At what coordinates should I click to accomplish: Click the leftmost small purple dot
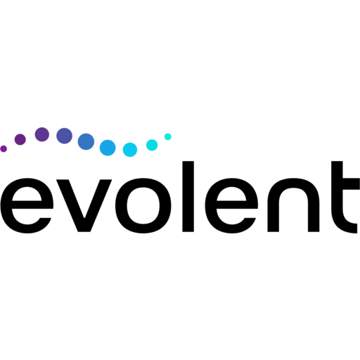(x=4, y=148)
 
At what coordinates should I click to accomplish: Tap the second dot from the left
(x=20, y=139)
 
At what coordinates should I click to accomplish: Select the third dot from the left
(x=42, y=134)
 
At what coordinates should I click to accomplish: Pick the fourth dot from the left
(x=64, y=136)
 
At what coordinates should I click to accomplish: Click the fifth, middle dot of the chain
(x=86, y=141)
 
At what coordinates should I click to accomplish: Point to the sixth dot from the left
(x=108, y=148)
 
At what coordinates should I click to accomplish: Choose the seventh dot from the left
(x=130, y=150)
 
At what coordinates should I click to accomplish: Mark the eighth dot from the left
(x=152, y=145)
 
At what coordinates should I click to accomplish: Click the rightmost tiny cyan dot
(x=167, y=136)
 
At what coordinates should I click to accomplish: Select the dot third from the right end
(x=130, y=150)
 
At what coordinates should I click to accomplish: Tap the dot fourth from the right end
(x=108, y=148)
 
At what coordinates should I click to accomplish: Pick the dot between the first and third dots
(x=20, y=139)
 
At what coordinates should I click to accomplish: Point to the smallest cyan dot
(x=167, y=136)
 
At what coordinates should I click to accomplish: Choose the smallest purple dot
(x=4, y=148)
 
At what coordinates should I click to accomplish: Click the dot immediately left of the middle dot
(x=64, y=136)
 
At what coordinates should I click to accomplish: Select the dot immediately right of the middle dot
(x=108, y=148)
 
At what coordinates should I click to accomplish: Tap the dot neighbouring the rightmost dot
(x=152, y=145)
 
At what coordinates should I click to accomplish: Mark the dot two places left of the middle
(x=42, y=134)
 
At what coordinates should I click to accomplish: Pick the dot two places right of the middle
(x=130, y=150)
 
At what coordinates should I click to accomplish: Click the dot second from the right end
(x=152, y=145)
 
